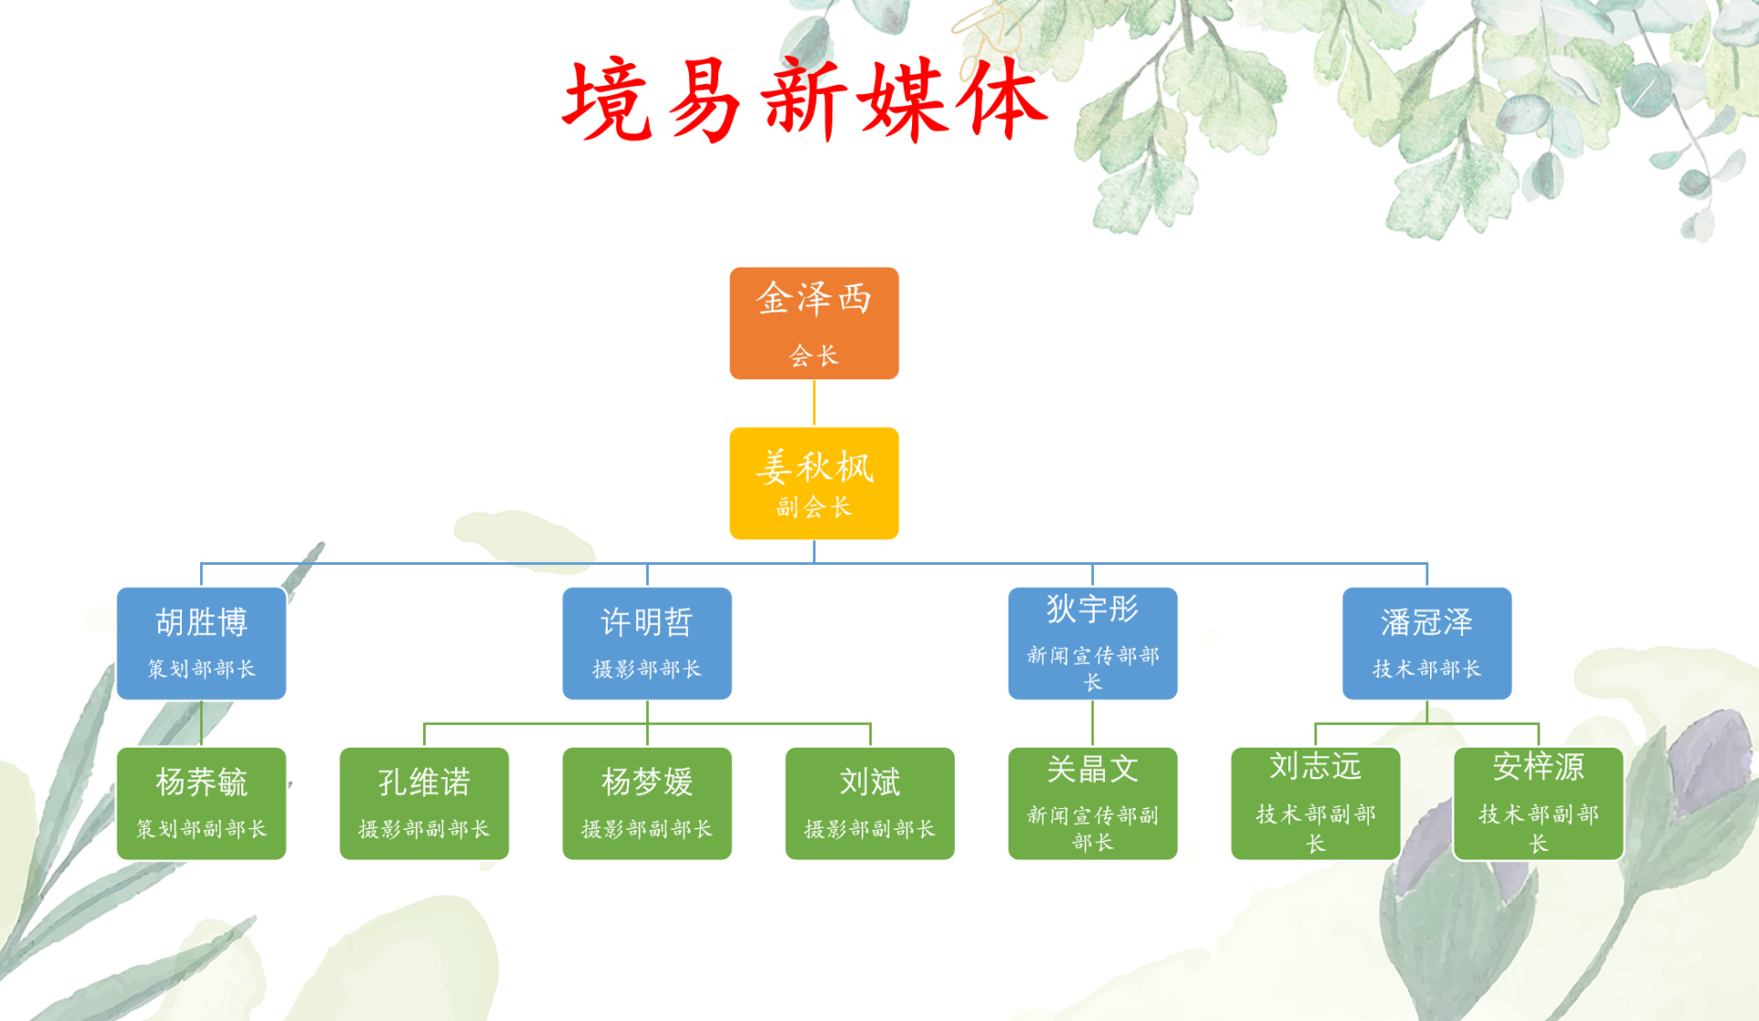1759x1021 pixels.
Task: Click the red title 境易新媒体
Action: pos(805,100)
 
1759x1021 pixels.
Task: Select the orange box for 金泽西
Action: pos(814,323)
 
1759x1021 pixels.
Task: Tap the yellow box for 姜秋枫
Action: pos(814,484)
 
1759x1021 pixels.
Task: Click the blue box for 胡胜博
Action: pos(201,643)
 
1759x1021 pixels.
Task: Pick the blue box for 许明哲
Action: pos(647,643)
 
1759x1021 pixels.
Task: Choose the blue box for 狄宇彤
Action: pos(1093,643)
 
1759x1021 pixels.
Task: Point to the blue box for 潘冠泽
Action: pos(1427,643)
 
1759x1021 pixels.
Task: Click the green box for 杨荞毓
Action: pos(201,803)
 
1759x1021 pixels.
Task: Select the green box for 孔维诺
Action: pos(424,803)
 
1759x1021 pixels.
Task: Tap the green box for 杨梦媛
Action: pos(647,803)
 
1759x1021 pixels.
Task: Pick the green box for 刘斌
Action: pos(870,803)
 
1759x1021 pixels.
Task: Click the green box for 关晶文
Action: pos(1093,803)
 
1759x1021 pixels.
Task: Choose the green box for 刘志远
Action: pos(1316,803)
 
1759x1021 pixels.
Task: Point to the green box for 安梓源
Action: pos(1539,803)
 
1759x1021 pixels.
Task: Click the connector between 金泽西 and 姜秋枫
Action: pos(814,403)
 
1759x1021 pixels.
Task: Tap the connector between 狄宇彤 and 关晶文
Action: pos(1093,723)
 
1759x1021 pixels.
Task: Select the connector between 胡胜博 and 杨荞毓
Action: pos(201,723)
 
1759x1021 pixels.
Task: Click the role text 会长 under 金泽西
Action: pos(814,356)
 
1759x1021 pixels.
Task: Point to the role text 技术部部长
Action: pos(1427,669)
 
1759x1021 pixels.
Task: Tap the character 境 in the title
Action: pos(607,101)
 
